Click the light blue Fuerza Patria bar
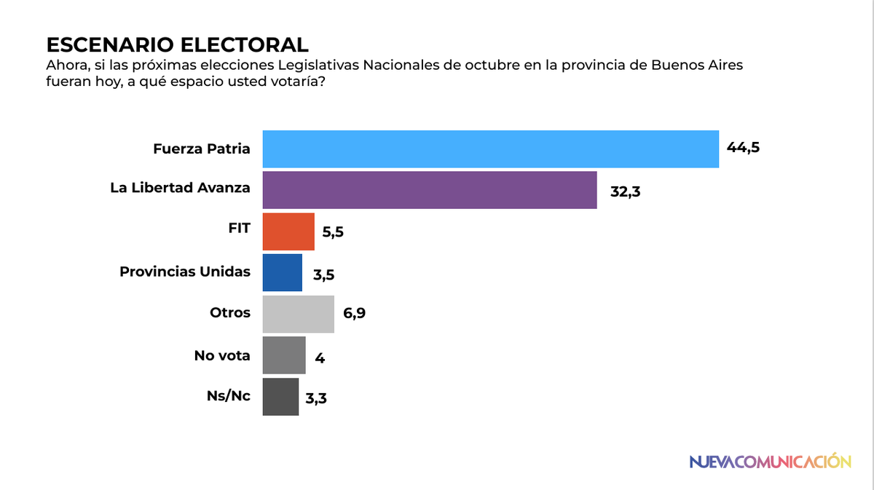[x=490, y=149]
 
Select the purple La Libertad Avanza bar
[x=429, y=190]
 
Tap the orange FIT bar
[x=288, y=232]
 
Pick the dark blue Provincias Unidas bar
[x=282, y=272]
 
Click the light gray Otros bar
[x=298, y=314]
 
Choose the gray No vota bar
[x=283, y=355]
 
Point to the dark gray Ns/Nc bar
[x=280, y=397]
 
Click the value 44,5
[x=742, y=149]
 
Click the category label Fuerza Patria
[x=202, y=149]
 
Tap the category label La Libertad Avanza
[x=180, y=188]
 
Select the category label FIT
[x=238, y=228]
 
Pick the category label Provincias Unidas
[x=184, y=272]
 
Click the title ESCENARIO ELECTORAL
[x=177, y=44]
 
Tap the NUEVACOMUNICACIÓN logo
[x=770, y=461]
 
